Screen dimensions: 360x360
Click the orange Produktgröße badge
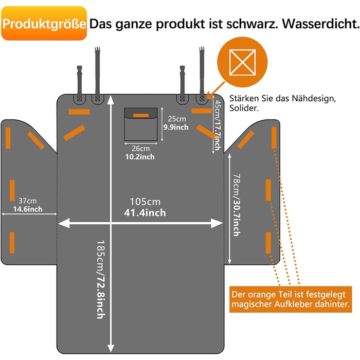(44, 24)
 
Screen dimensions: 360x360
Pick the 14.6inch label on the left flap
(28, 209)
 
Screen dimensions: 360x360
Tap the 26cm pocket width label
(134, 148)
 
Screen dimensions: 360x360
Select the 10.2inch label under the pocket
(139, 156)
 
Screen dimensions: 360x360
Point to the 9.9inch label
(176, 127)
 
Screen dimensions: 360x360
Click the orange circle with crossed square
(244, 63)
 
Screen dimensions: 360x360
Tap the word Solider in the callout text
(245, 109)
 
